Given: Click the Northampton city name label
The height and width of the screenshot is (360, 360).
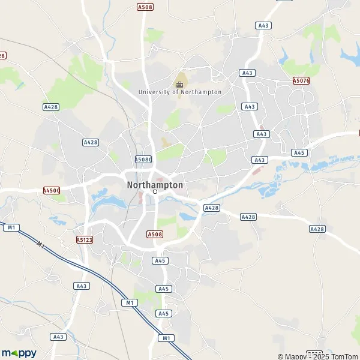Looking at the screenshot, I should pos(155,185).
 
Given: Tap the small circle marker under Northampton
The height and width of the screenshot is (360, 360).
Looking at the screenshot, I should pos(155,193).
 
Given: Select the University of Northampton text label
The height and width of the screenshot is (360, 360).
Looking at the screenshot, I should pos(179,92).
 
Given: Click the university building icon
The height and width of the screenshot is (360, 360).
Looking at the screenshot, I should pos(179,83).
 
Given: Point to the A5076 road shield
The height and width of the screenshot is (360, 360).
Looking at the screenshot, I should pos(301,80).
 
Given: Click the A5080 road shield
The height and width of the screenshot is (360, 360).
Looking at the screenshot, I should pos(143,160).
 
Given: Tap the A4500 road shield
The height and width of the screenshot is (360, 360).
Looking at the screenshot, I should pos(52,190).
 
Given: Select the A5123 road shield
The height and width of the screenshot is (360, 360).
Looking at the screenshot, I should pos(85,239).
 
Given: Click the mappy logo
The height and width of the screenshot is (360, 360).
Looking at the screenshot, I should pos(19,353).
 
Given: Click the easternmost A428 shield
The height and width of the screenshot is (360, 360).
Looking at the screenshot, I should pos(317,229).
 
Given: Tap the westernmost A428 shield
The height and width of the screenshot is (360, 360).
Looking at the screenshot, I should pos(50,107).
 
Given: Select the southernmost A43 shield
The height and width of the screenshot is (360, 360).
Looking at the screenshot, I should pos(58,337).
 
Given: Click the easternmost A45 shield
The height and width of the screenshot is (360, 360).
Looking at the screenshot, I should pos(299,153).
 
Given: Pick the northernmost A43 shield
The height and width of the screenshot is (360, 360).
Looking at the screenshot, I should pos(263,25).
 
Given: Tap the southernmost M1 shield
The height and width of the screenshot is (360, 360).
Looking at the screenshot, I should pos(166,338).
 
